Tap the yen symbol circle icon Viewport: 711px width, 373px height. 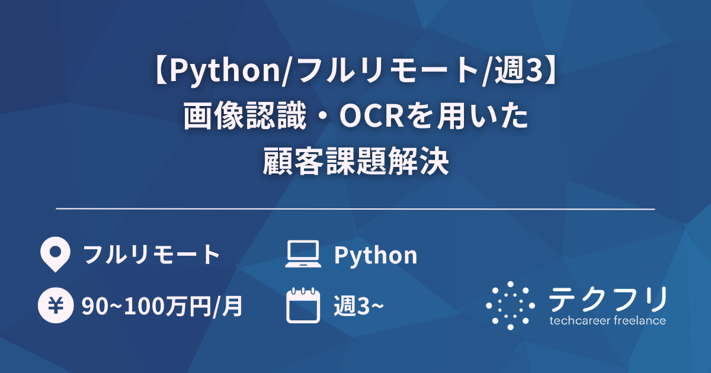click(55, 306)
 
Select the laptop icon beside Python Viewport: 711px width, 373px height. click(303, 255)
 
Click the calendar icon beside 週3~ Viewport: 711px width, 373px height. click(303, 306)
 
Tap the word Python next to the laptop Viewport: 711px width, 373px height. click(376, 255)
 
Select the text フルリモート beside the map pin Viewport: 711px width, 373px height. click(151, 255)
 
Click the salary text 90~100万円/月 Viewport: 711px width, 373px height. click(162, 307)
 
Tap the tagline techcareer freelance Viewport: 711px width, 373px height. click(607, 321)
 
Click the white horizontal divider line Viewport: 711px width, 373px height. click(355, 209)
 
